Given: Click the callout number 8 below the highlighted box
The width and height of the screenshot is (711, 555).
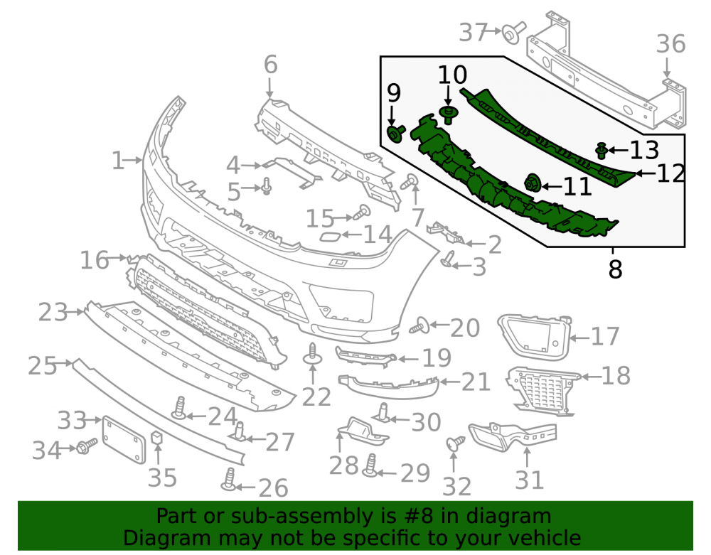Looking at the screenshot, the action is tap(615, 269).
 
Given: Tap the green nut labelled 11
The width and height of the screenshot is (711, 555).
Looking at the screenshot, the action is tap(531, 183).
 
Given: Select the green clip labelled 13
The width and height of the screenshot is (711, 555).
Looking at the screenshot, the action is tap(602, 151).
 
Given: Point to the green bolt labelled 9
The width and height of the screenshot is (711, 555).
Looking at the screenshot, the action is tap(395, 134).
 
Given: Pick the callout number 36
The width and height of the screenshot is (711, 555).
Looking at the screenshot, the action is tap(671, 44).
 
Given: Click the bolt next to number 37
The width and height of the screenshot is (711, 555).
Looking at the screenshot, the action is tap(514, 33).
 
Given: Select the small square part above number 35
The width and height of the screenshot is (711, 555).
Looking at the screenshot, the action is tap(157, 437).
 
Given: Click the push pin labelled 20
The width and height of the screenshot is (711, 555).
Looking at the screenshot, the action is tap(419, 325).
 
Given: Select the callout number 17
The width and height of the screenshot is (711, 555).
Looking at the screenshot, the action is tap(605, 337).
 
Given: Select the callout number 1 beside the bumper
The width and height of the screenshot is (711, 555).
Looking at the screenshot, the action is tap(117, 161).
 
